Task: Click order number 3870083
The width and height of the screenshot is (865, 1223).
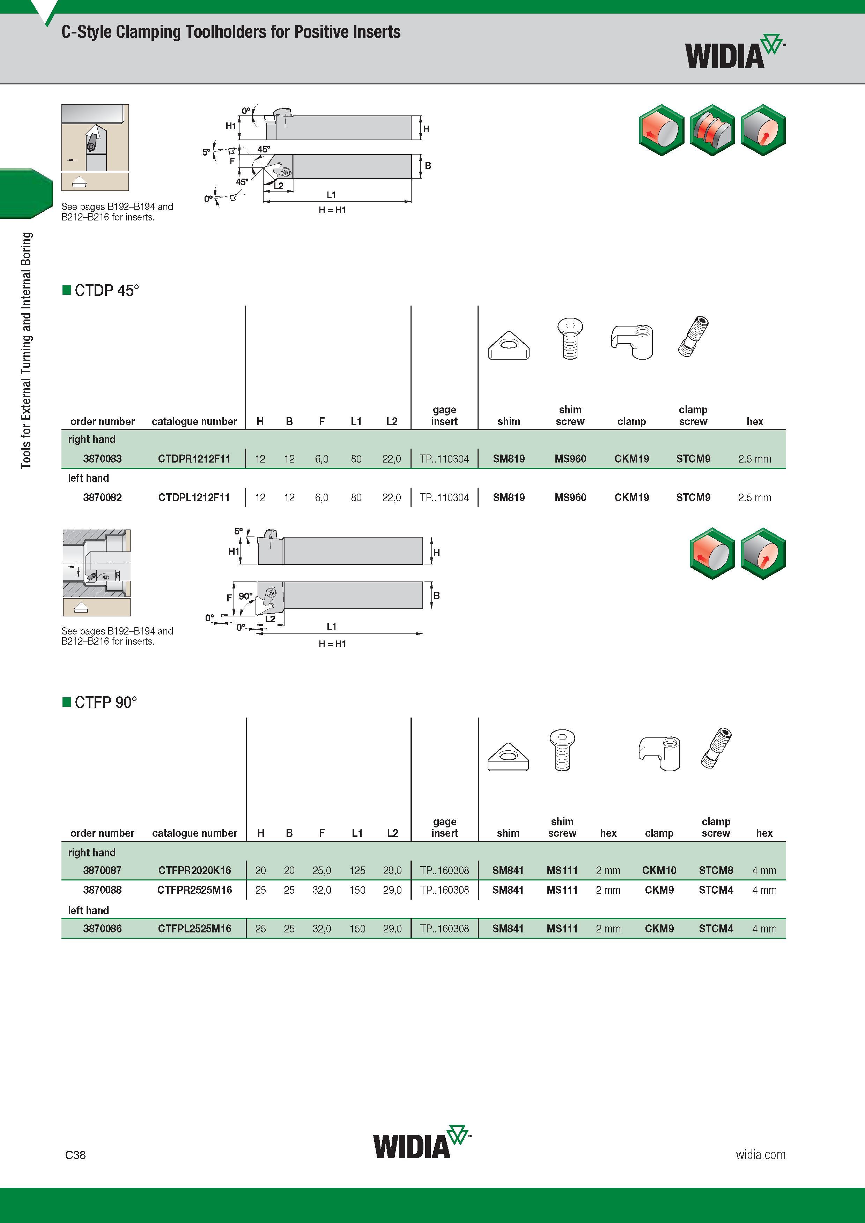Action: (x=102, y=459)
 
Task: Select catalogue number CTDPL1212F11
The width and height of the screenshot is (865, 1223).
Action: (x=194, y=497)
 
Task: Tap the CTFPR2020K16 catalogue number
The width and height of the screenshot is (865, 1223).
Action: (x=194, y=870)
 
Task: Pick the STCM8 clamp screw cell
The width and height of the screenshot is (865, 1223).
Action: (x=716, y=870)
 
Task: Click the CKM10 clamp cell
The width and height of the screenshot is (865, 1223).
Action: (x=659, y=870)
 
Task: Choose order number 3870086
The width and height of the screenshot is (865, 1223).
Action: (x=102, y=929)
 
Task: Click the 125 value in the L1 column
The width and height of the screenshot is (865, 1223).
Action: (x=357, y=870)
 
